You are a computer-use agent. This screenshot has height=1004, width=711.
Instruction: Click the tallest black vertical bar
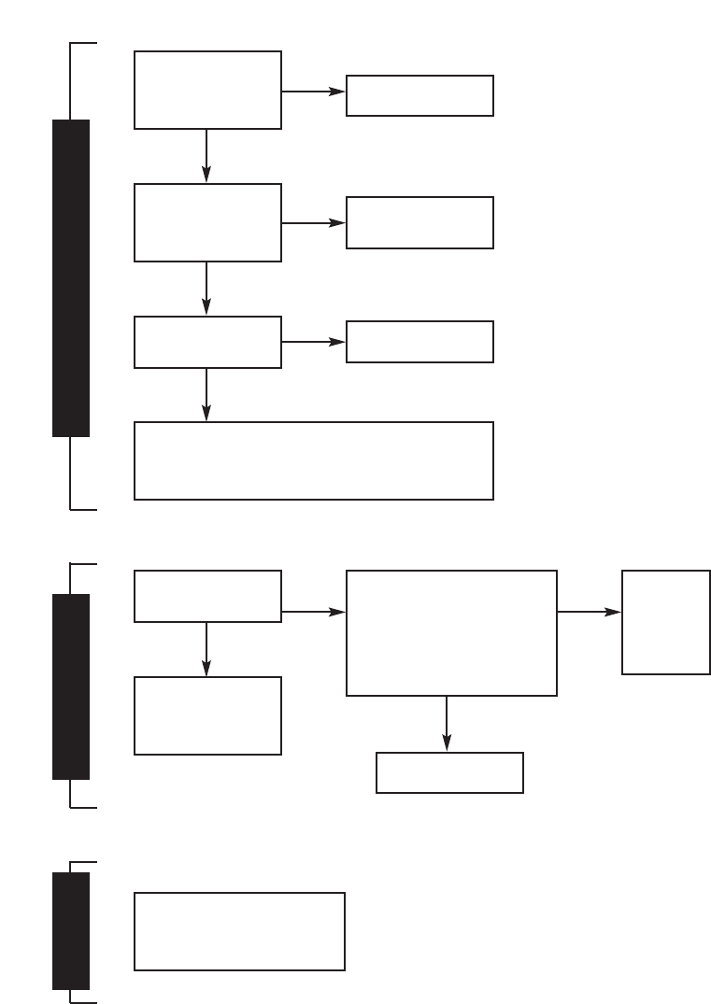(71, 277)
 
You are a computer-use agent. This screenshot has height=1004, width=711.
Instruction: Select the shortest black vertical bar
(71, 930)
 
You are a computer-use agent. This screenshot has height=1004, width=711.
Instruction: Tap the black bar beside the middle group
(71, 686)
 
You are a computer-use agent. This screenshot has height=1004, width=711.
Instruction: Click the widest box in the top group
(313, 460)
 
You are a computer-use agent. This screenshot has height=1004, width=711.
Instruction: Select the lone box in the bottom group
(239, 931)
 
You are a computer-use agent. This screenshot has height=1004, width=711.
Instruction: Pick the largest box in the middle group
(451, 633)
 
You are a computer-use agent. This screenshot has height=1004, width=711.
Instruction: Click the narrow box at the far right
(665, 622)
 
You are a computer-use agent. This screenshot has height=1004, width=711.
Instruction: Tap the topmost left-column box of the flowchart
(207, 90)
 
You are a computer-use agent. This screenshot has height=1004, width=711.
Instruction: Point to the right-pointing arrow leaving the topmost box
(313, 92)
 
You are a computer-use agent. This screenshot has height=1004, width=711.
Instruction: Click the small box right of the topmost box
(419, 95)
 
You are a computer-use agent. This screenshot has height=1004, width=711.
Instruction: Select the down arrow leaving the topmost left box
(206, 155)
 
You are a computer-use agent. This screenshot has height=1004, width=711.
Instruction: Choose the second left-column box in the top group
(207, 222)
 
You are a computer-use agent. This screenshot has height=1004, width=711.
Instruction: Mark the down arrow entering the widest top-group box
(206, 395)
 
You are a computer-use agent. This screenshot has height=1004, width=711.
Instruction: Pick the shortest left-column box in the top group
(207, 342)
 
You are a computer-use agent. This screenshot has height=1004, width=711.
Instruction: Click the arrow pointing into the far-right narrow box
(589, 612)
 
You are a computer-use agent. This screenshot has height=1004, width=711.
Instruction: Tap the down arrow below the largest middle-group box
(447, 724)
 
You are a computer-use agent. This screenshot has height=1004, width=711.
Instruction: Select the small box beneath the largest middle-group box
(449, 772)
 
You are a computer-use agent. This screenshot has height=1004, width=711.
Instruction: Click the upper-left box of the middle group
(207, 596)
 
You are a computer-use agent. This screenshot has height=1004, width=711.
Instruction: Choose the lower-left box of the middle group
(207, 715)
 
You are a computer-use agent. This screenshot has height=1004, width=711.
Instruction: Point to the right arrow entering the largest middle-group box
(313, 612)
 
